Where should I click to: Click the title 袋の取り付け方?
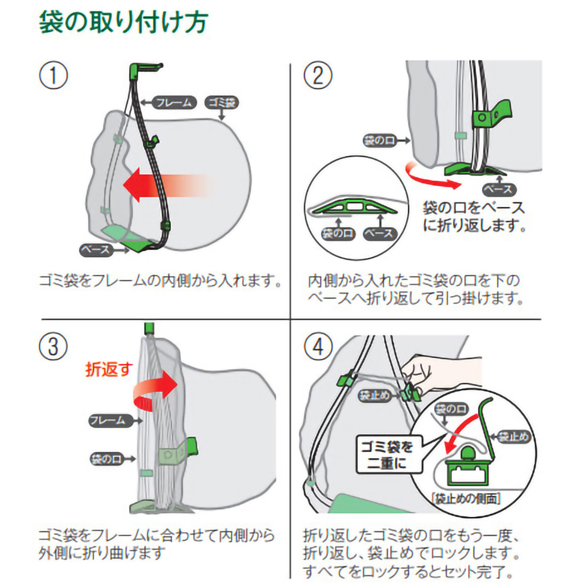pos(124,23)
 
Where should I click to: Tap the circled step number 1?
pos(53,76)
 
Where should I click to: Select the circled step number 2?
pos(318,76)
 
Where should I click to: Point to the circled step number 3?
pos(53,347)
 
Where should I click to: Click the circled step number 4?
pos(318,347)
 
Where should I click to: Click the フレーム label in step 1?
pos(174,102)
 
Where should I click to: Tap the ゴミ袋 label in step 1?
pos(222,102)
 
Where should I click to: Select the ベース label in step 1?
pos(97,250)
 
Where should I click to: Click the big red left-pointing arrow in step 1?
pos(161,185)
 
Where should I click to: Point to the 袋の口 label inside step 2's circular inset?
pos(337,233)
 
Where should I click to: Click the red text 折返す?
pos(109,369)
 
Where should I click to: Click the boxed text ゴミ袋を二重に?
pos(386,454)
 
